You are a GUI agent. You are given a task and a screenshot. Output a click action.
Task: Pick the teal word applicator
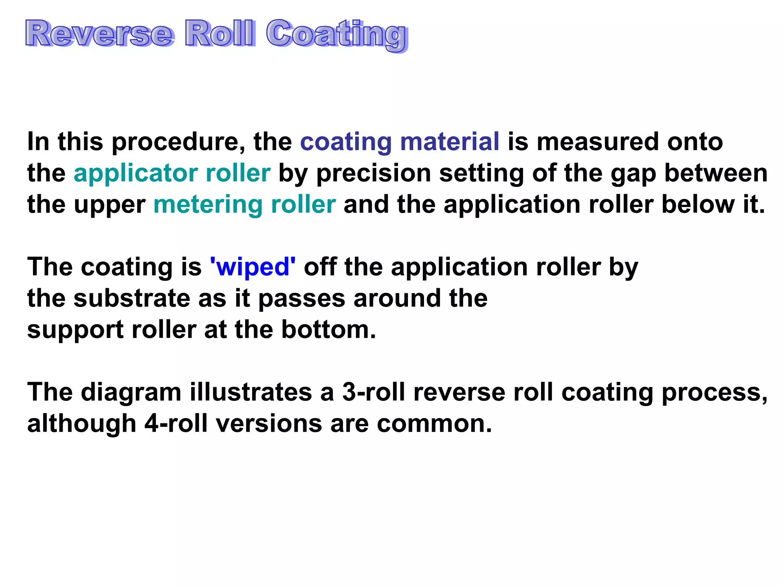coord(135,174)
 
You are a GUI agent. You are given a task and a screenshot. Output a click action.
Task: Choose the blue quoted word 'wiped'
coord(253,267)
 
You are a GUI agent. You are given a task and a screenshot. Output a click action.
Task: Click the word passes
coord(302,299)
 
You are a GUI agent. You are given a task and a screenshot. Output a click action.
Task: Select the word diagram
coord(131,393)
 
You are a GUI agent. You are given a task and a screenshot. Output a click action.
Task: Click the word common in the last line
coord(434,424)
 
